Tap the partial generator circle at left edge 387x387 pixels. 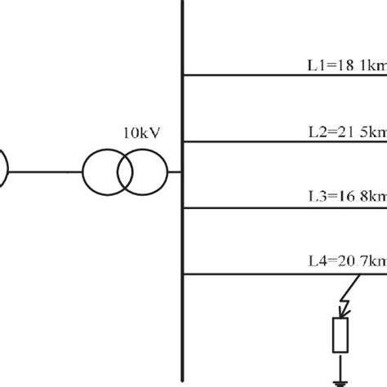pos(4,172)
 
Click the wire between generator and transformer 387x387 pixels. pos(45,172)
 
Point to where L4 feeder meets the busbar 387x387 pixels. pos(182,274)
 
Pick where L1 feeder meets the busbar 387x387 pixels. pos(182,75)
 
